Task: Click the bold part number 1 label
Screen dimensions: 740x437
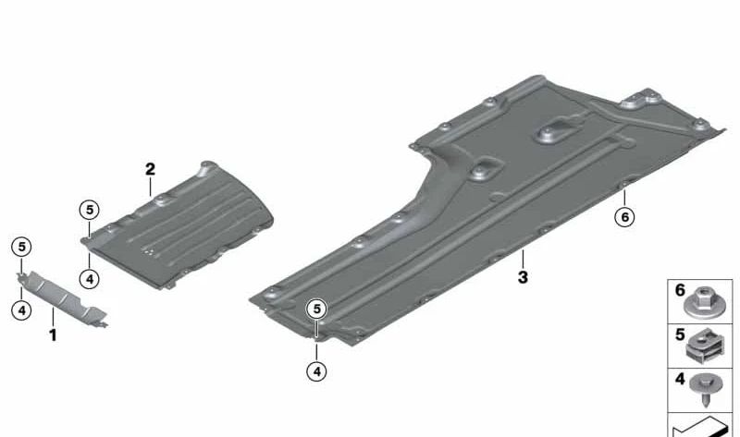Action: pyautogui.click(x=53, y=335)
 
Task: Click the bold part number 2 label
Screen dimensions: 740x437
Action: pyautogui.click(x=150, y=169)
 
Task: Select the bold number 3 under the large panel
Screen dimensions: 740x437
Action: pyautogui.click(x=523, y=277)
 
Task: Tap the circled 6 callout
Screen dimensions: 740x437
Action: pyautogui.click(x=625, y=217)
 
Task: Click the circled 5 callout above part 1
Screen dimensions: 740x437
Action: pyautogui.click(x=21, y=247)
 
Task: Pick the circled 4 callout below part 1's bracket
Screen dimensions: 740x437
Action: pyautogui.click(x=21, y=310)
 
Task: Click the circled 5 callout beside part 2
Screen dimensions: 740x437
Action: pyautogui.click(x=89, y=210)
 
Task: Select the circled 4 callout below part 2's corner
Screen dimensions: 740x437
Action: pyautogui.click(x=89, y=279)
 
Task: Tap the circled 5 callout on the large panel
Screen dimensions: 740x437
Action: pyautogui.click(x=316, y=310)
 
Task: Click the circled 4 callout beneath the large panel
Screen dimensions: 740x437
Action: pyautogui.click(x=316, y=371)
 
